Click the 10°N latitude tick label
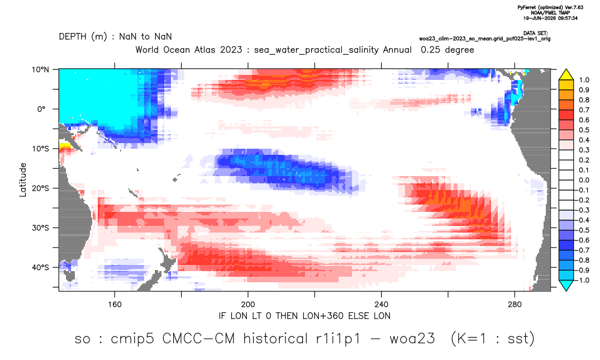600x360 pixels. (x=40, y=70)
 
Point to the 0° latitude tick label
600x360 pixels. (x=42, y=109)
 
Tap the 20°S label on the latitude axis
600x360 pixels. (x=40, y=188)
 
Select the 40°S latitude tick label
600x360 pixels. (x=40, y=267)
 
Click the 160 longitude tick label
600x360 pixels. (x=115, y=305)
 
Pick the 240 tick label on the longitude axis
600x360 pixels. (x=382, y=305)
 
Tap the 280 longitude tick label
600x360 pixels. (x=515, y=305)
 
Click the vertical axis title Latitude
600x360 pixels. (x=23, y=180)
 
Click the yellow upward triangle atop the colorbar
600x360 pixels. (x=566, y=75)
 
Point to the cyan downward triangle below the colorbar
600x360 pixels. (x=566, y=286)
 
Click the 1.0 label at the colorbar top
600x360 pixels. (x=584, y=80)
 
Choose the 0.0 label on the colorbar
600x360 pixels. (x=584, y=180)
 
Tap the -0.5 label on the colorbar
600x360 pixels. (x=582, y=230)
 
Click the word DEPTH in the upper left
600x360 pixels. (x=73, y=36)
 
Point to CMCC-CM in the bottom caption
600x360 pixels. (x=198, y=339)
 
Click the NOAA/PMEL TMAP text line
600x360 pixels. (x=550, y=13)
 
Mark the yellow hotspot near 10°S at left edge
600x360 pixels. (x=65, y=146)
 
